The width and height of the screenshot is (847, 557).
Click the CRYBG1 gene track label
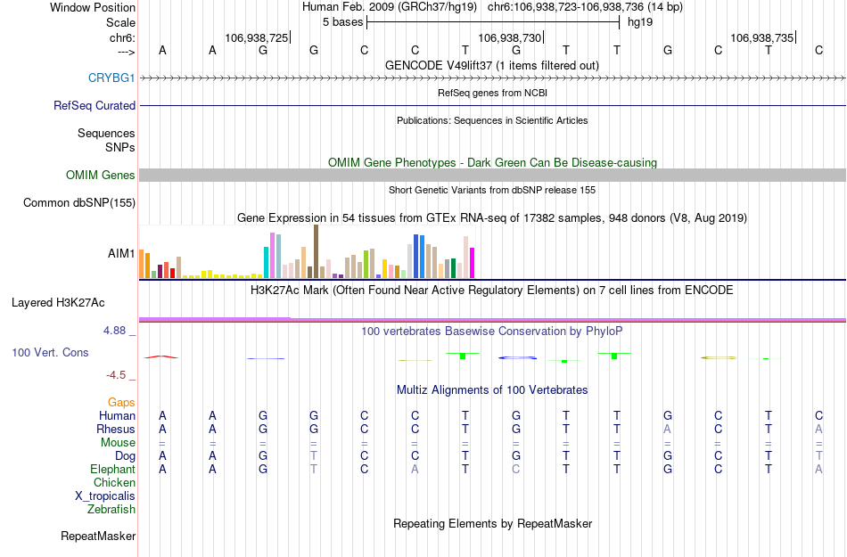[111, 78]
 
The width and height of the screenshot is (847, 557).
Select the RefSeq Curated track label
[95, 105]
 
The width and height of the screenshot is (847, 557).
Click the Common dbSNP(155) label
[78, 203]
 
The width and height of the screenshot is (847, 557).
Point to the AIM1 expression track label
[121, 254]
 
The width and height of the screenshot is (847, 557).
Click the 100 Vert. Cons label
[50, 353]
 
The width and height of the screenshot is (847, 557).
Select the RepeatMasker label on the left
[98, 537]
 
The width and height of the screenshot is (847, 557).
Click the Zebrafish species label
[111, 510]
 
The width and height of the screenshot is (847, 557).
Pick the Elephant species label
[112, 470]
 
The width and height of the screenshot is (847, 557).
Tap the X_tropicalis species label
[105, 496]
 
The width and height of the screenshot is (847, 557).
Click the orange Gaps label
[121, 403]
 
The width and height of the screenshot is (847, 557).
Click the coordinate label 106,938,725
[257, 38]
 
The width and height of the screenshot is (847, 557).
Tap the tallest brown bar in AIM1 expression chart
[317, 251]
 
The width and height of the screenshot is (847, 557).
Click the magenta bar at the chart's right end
[473, 263]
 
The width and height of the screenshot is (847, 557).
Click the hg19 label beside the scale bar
[640, 21]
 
